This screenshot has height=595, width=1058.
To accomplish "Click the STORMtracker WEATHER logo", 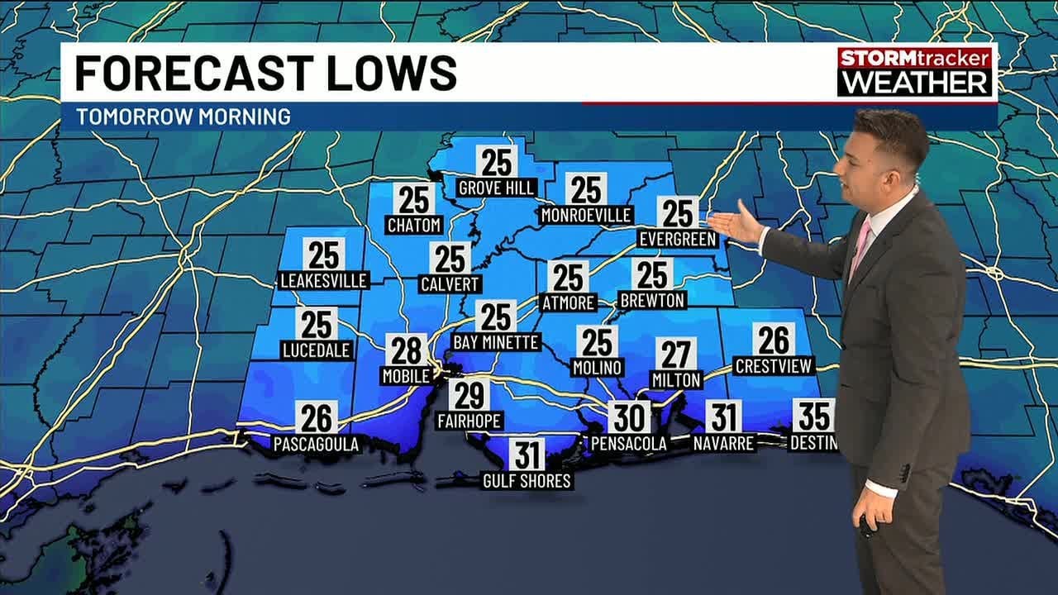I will (914, 71).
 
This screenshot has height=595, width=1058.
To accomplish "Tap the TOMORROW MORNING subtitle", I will (183, 117).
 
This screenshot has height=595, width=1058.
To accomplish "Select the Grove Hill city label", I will (497, 188).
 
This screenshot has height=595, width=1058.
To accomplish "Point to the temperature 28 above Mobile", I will (407, 350).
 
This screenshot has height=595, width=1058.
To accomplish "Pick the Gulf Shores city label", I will (527, 480).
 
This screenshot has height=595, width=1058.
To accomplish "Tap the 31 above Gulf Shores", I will (527, 455).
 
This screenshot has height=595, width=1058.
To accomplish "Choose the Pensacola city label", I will (628, 444).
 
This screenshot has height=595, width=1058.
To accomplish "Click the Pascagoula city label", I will (317, 445).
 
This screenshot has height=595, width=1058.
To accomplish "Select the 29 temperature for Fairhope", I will (469, 395).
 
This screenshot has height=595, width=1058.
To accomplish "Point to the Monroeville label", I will (586, 215).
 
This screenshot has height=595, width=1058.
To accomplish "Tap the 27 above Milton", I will (676, 354).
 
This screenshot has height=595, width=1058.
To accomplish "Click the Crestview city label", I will (774, 365).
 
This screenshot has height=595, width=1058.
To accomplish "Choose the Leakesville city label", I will (323, 280).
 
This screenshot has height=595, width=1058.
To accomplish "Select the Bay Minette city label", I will (496, 341).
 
